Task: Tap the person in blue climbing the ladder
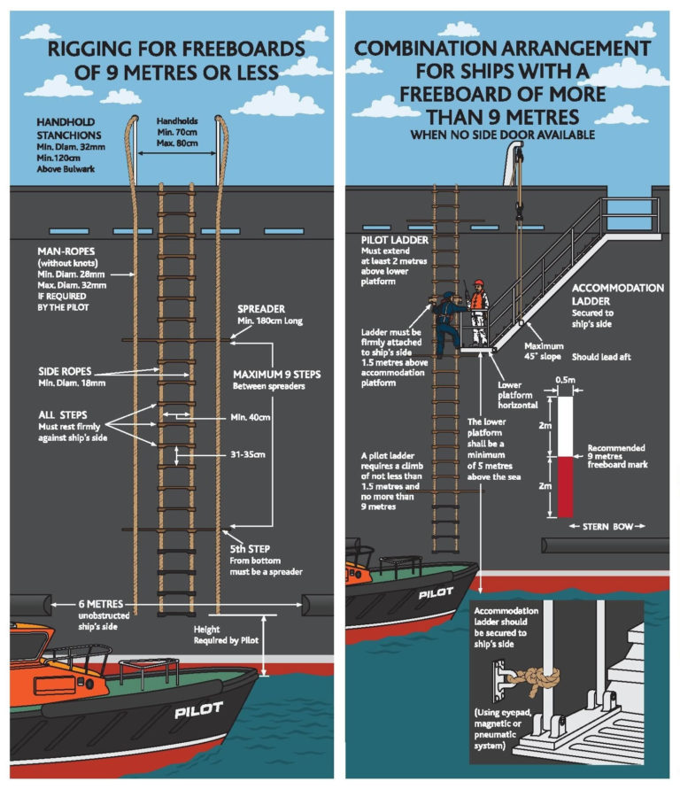(x=447, y=323)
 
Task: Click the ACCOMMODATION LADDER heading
(x=617, y=295)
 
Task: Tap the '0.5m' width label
(x=564, y=380)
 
